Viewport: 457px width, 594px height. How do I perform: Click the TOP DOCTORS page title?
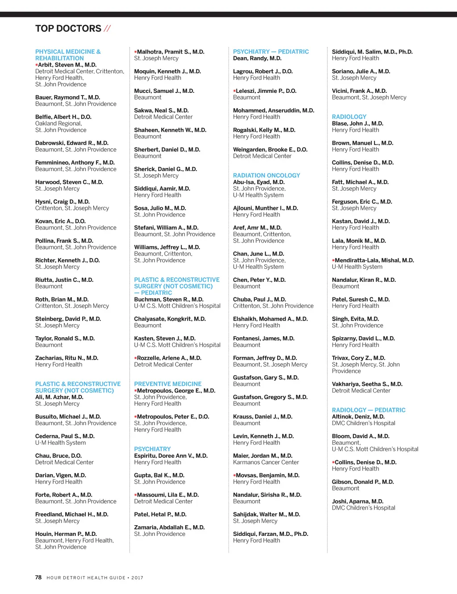coord(68,29)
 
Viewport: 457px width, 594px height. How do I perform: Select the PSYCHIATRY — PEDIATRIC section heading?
coord(271,52)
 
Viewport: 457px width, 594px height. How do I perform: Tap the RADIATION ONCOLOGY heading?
coord(266,176)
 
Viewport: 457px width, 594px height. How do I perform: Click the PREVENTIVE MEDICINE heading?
coord(168,384)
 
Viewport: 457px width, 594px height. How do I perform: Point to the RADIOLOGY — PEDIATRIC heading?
coord(369,410)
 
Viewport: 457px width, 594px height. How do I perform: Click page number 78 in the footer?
coord(38,577)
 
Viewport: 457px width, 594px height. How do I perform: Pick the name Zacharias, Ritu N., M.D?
coord(67,358)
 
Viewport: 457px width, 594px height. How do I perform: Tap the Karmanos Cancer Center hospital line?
coord(266,462)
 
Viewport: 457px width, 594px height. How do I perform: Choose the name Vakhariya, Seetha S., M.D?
coord(367,384)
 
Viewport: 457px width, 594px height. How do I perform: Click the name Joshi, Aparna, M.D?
coord(357,502)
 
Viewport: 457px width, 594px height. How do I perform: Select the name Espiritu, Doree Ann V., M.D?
coord(171,456)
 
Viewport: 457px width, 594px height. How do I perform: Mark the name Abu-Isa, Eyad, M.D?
coord(259,182)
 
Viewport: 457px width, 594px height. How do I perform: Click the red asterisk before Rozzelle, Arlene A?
coord(136,358)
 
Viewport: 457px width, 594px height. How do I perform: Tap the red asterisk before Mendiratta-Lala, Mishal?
coord(333,260)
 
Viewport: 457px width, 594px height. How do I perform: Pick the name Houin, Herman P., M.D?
coord(66,534)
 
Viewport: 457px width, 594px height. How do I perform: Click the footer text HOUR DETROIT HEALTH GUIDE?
coord(86,578)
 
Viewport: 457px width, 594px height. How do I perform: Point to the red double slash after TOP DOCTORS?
coord(108,29)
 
